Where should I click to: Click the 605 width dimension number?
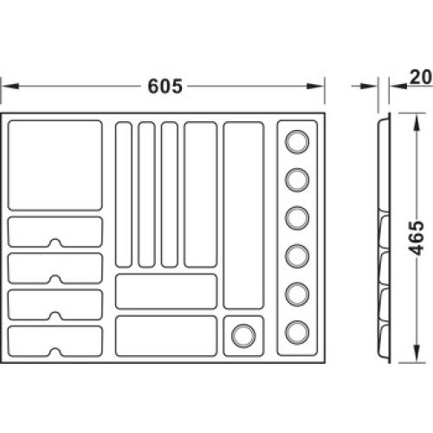click(165, 86)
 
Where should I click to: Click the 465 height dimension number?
click(417, 238)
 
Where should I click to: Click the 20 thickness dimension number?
click(421, 77)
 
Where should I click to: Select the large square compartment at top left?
click(55, 165)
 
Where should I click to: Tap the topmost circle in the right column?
click(297, 142)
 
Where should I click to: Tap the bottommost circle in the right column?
click(297, 333)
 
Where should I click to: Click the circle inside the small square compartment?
click(243, 336)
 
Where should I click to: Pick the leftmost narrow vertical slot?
click(124, 195)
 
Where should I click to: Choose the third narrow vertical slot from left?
click(170, 195)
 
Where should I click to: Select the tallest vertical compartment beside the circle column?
click(243, 216)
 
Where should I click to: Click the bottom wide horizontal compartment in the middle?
click(166, 336)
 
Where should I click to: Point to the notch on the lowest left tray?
click(55, 352)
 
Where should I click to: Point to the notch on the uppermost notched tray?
click(55, 242)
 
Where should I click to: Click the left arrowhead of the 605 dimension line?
click(10, 86)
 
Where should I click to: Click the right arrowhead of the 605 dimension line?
click(315, 86)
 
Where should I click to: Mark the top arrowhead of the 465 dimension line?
click(416, 123)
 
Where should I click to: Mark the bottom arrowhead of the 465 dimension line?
click(416, 353)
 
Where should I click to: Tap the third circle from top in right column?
click(297, 218)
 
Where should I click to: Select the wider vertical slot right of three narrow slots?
click(201, 195)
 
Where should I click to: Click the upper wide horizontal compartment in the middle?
click(166, 292)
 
